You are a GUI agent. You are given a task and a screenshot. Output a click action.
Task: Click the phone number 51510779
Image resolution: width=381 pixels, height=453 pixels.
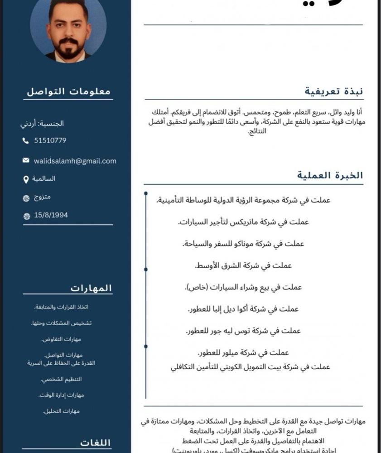click(50, 140)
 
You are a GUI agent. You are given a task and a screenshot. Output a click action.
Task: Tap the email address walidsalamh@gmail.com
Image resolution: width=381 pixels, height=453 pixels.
click(75, 161)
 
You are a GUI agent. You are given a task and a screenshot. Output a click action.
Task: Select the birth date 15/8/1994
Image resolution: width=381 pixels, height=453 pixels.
click(51, 215)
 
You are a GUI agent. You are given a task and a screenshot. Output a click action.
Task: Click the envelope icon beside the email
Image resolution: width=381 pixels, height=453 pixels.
click(26, 161)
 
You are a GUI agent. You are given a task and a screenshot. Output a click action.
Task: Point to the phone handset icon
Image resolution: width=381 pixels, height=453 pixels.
click(25, 141)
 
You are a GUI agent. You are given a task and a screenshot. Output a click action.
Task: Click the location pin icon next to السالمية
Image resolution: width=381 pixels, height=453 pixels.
click(26, 180)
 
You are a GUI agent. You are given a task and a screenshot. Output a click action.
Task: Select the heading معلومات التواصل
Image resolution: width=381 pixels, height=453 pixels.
click(68, 91)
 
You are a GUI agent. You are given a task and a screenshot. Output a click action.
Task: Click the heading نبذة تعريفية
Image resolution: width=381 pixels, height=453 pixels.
click(334, 91)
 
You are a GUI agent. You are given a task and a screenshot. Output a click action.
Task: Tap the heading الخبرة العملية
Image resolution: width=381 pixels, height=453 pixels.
click(330, 175)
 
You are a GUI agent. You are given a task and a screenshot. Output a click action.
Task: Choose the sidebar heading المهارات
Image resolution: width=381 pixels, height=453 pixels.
click(91, 288)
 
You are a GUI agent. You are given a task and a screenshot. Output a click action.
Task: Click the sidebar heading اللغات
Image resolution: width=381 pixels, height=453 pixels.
click(96, 442)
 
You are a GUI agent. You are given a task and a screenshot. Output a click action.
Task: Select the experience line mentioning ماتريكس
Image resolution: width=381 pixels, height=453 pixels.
click(243, 222)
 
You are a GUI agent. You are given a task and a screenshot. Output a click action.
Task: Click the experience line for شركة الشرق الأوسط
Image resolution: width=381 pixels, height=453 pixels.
click(243, 265)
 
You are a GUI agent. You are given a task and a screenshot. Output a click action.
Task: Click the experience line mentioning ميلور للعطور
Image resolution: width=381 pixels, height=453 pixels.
click(243, 352)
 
